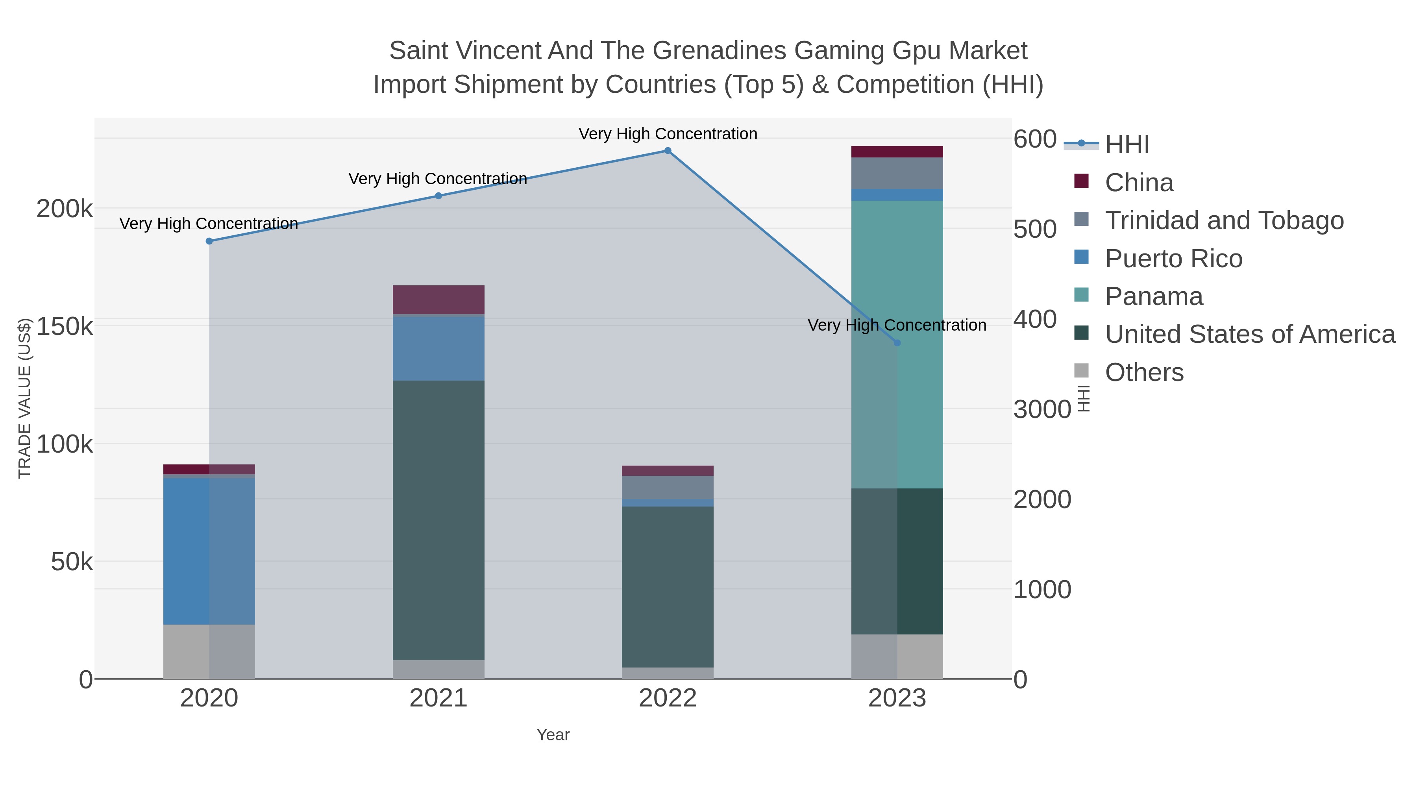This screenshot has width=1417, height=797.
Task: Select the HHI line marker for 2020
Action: [209, 241]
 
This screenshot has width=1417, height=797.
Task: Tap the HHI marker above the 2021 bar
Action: [438, 196]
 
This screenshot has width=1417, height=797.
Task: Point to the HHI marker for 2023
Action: [897, 343]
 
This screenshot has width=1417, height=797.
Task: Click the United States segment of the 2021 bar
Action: [438, 520]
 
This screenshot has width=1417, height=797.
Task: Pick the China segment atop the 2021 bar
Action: [438, 300]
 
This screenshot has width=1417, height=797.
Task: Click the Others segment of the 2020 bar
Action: [209, 651]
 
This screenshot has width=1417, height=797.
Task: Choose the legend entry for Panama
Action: [1154, 296]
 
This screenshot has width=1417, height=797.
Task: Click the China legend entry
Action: [1139, 183]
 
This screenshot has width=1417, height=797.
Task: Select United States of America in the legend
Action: [1250, 335]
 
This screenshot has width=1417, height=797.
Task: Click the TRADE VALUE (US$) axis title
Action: [25, 398]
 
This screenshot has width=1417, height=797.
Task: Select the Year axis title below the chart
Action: [553, 735]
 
